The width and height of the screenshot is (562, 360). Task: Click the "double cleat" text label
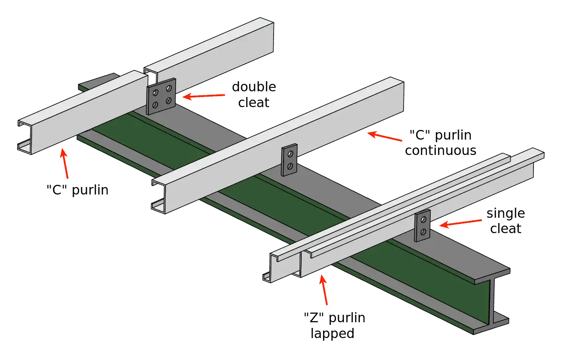[254, 94]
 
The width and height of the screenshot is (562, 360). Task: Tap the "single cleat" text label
[506, 221]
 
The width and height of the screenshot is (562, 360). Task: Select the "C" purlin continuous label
[440, 143]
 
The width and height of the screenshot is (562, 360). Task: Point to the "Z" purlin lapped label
[335, 326]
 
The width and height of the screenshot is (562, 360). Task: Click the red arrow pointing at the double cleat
[203, 96]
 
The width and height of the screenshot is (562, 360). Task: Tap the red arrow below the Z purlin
[324, 290]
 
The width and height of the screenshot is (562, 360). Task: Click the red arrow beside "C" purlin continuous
[385, 136]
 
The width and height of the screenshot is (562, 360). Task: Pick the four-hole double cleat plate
[161, 97]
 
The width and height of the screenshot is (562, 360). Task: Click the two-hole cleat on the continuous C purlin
[289, 160]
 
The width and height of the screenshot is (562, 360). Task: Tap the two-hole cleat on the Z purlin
[422, 226]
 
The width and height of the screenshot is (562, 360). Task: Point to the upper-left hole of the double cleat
[155, 93]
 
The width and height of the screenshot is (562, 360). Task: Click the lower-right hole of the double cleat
[169, 101]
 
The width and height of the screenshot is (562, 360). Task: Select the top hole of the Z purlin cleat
[424, 220]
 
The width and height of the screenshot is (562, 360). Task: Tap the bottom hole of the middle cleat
[290, 166]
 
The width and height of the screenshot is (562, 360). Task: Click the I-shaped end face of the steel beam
[492, 302]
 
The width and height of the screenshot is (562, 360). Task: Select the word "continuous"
[440, 151]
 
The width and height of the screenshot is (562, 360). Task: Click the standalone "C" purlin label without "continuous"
[78, 190]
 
